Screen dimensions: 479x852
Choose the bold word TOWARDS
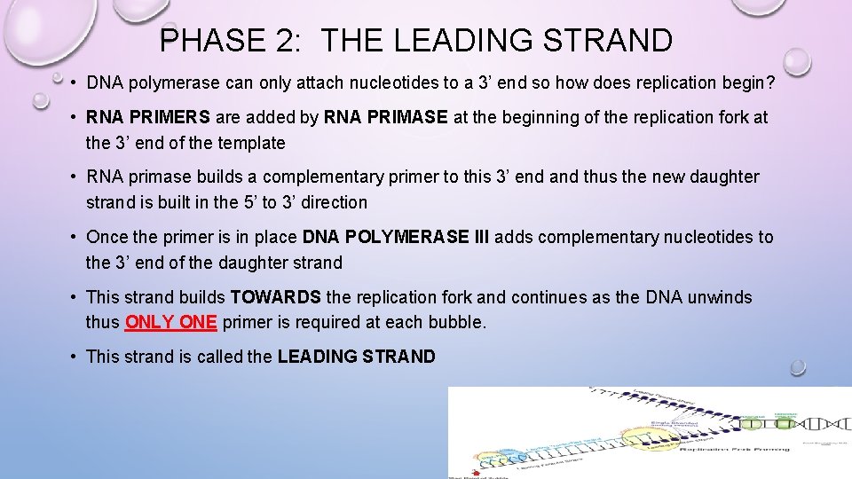coord(277,297)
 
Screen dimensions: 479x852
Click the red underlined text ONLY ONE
coord(171,322)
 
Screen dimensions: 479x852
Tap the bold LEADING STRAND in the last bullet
coord(356,357)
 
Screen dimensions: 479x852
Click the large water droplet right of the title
coord(796,61)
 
